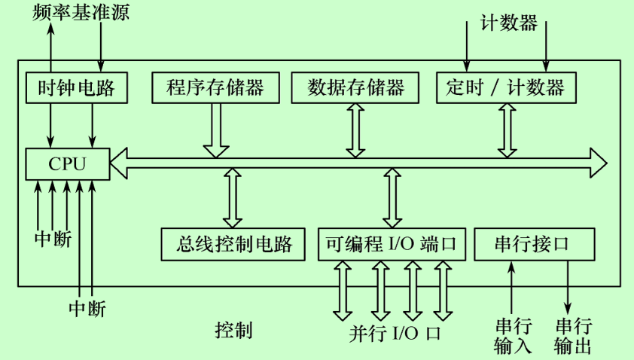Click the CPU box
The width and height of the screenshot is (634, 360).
(68, 163)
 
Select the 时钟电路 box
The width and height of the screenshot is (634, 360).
(76, 88)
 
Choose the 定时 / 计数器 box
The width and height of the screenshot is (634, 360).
(505, 88)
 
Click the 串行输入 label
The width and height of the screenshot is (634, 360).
(513, 336)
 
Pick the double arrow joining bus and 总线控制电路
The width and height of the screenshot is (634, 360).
(232, 198)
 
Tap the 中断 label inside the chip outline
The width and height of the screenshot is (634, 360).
(53, 239)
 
